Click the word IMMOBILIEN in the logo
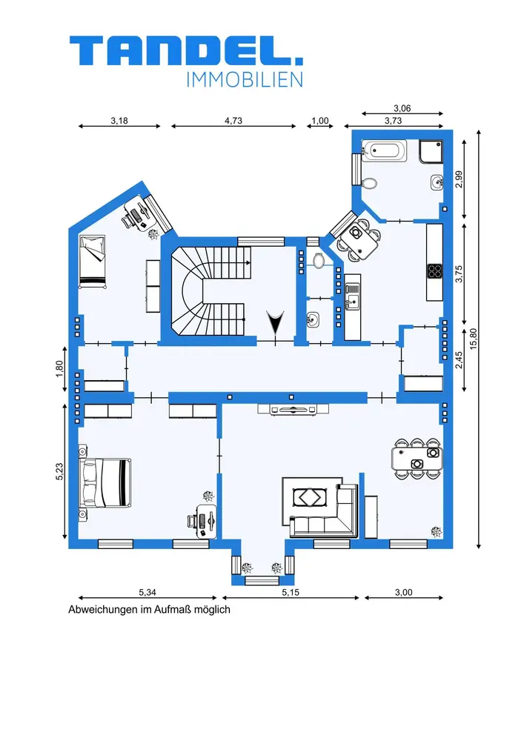tap(245, 80)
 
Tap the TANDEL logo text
tap(186, 50)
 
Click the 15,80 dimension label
tap(473, 339)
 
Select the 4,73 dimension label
tap(233, 121)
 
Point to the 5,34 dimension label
tap(147, 592)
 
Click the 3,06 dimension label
tap(402, 108)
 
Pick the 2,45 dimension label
tap(458, 359)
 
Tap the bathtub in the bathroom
tap(384, 150)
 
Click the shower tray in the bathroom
tap(431, 151)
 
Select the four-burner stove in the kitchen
tap(435, 270)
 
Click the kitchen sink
tap(352, 296)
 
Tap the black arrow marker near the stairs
tap(274, 323)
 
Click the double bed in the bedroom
tap(105, 482)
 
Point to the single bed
tap(92, 262)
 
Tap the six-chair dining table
tap(417, 459)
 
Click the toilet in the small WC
tap(319, 260)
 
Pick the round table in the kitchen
tap(358, 238)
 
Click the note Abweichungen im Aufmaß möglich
tap(149, 610)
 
